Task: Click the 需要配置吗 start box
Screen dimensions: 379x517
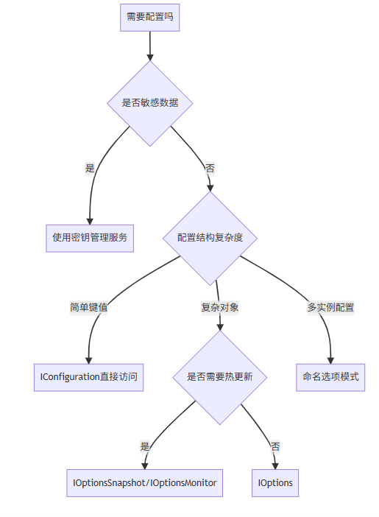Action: [x=149, y=18]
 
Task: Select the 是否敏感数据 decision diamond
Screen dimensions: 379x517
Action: [x=150, y=103]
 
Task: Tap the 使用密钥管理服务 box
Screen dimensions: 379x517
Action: [x=90, y=239]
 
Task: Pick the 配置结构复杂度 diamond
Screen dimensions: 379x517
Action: [x=210, y=238]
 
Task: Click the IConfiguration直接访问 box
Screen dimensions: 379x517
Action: [x=88, y=378]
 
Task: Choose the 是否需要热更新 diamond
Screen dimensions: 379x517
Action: [x=220, y=378]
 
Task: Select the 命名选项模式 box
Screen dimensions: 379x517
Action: [x=330, y=378]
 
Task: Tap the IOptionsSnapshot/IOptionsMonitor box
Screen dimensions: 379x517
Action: [x=145, y=483]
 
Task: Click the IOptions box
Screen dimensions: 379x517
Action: [x=275, y=483]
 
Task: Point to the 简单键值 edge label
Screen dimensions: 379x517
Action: [x=88, y=308]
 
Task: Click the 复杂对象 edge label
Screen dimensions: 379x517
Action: [x=220, y=308]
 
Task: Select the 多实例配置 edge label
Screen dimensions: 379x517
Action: [x=330, y=308]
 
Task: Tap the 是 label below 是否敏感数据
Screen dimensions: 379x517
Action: [x=90, y=168]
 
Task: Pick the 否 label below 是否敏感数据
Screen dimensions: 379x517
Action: [x=210, y=168]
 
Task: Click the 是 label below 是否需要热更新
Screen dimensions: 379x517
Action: [x=145, y=447]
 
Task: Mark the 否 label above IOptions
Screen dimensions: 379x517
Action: [x=275, y=447]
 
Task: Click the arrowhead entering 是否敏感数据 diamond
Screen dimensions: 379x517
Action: [x=150, y=57]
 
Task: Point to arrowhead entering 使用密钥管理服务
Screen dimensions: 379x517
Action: [x=90, y=221]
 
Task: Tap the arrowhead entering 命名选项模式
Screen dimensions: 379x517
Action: [x=330, y=360]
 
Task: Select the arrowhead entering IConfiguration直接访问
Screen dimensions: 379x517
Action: [x=88, y=360]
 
